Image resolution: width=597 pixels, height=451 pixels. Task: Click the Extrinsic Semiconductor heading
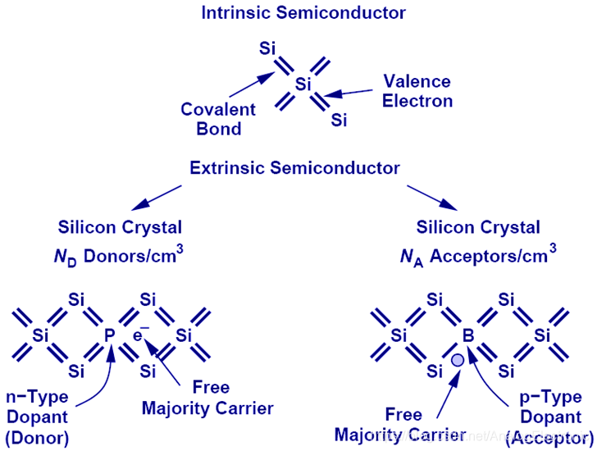(295, 168)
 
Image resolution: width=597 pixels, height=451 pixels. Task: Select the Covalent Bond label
(218, 119)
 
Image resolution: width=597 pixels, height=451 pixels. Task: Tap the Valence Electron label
(417, 91)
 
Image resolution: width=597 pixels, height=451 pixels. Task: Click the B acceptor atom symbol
(468, 335)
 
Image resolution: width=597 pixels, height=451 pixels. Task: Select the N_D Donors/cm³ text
(120, 256)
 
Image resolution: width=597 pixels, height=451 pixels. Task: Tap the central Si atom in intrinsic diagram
(303, 84)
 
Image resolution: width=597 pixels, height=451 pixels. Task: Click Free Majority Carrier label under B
(401, 424)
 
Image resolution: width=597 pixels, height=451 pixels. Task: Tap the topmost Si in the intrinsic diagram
(267, 48)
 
